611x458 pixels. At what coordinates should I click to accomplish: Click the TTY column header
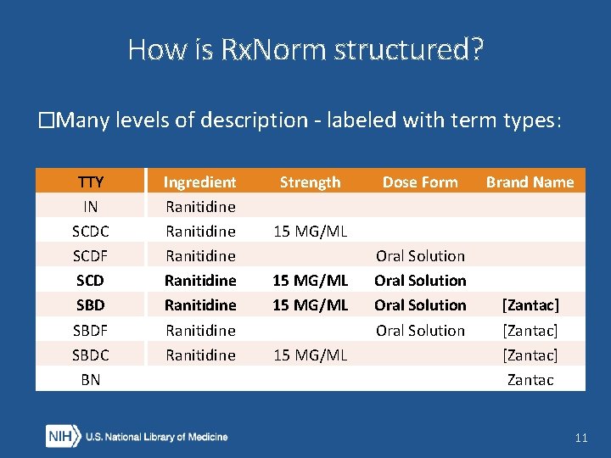click(90, 182)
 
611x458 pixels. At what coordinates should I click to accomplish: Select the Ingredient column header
click(199, 182)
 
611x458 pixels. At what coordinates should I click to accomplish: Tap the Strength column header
click(310, 182)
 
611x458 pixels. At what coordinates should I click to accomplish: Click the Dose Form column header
click(420, 182)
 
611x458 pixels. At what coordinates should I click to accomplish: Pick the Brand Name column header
click(530, 182)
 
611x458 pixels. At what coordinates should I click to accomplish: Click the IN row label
click(90, 206)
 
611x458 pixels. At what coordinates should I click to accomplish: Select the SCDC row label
click(90, 231)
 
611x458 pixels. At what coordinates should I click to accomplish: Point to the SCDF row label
click(90, 255)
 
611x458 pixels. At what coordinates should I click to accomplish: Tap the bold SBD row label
click(90, 304)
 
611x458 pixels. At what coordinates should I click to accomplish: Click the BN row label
click(90, 380)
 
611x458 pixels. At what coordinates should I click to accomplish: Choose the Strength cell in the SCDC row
click(310, 231)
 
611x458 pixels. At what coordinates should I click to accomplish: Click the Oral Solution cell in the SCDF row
click(420, 255)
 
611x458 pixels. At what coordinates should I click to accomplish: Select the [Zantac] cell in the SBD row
click(530, 304)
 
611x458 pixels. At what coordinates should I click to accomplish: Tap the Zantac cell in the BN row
click(530, 380)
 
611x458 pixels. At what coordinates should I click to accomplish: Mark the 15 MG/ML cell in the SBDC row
click(310, 355)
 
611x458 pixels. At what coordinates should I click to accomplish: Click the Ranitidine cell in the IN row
click(199, 206)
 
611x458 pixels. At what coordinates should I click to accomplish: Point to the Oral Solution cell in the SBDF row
click(420, 330)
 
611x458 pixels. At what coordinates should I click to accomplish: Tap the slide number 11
click(580, 438)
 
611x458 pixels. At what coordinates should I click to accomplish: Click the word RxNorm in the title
click(274, 50)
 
